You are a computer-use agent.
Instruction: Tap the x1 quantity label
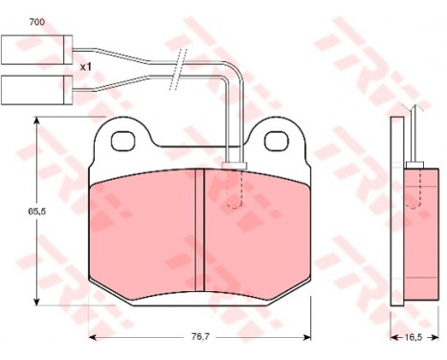85,67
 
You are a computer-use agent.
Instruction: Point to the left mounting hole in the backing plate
123,142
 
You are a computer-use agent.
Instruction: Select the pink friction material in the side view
416,230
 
